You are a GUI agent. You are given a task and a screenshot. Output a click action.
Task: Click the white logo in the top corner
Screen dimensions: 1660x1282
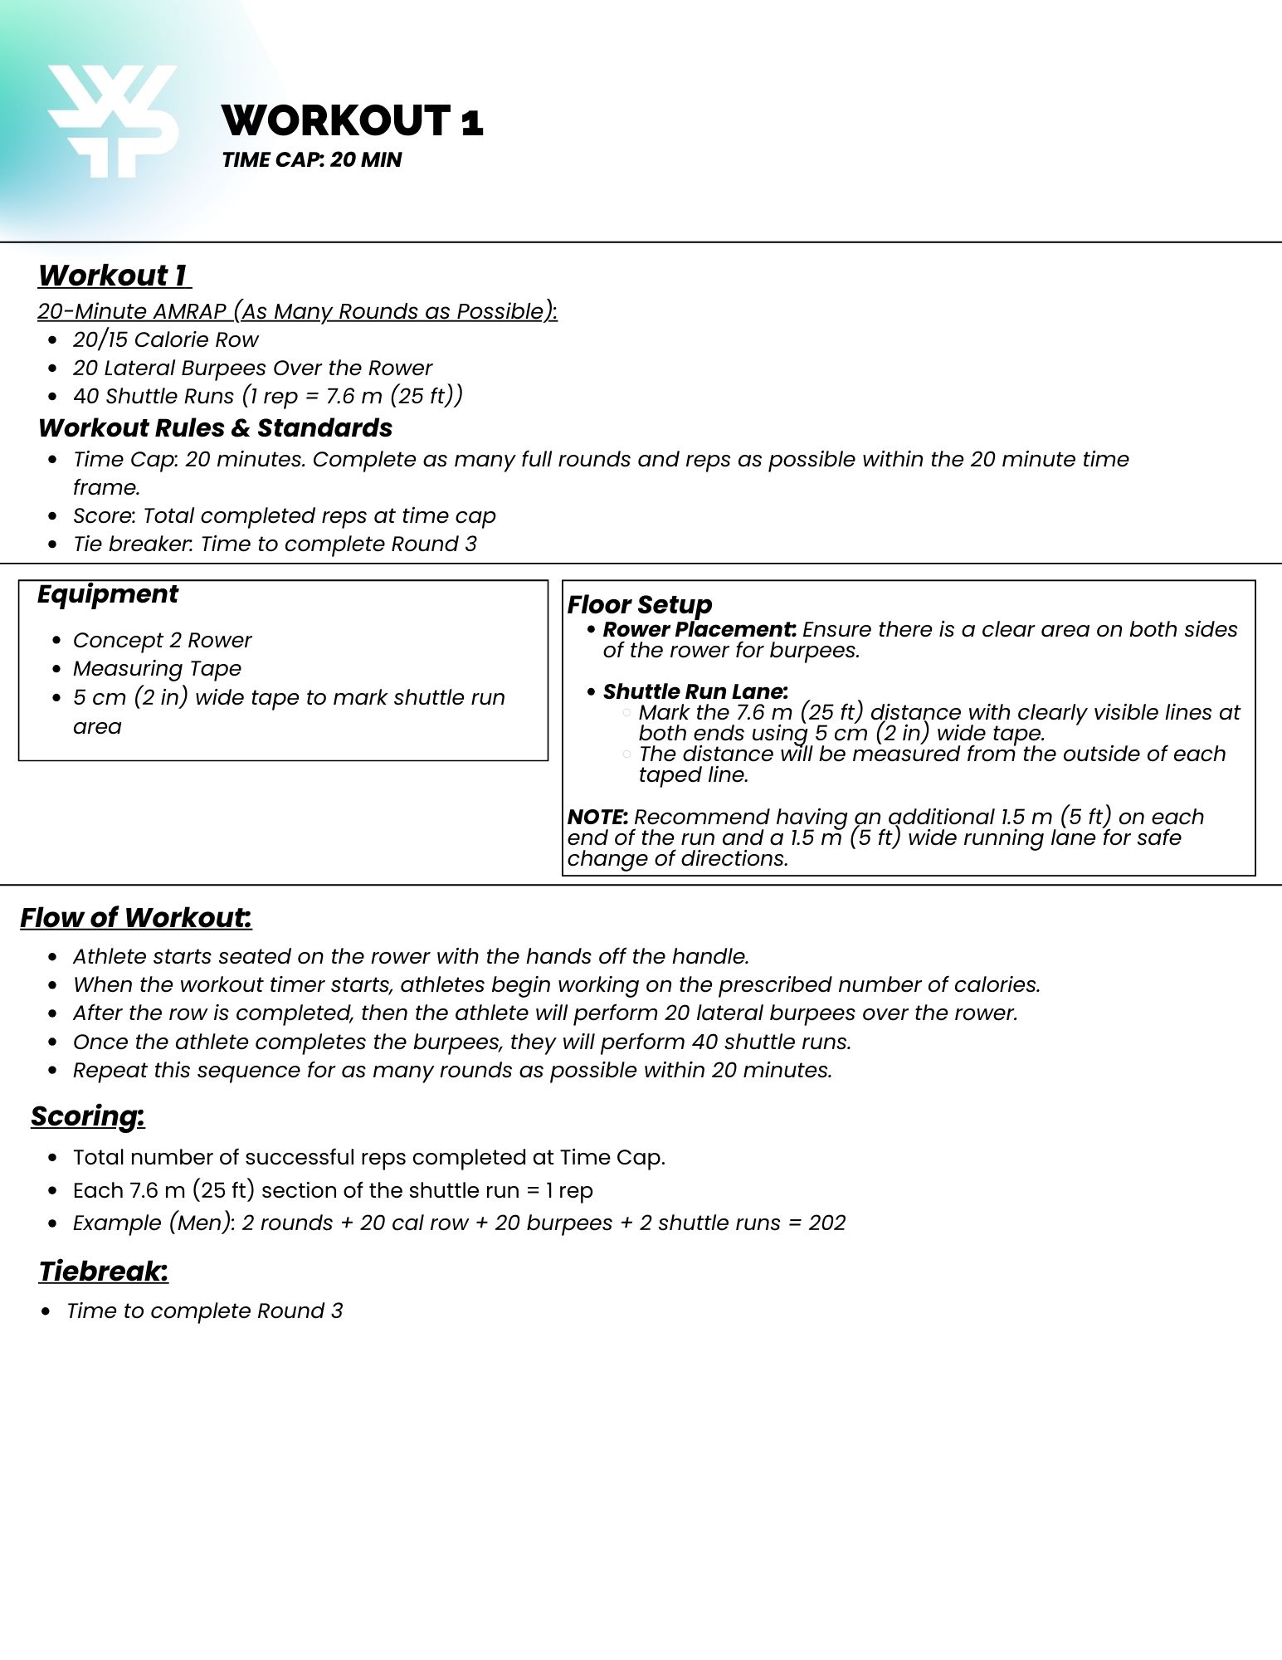[x=113, y=120]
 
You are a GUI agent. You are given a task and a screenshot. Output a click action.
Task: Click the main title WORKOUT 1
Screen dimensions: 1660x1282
[x=352, y=121]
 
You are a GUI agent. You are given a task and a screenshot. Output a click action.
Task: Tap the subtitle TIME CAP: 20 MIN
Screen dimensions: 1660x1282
[x=311, y=160]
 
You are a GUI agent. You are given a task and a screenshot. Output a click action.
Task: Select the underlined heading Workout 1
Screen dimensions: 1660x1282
[x=114, y=276]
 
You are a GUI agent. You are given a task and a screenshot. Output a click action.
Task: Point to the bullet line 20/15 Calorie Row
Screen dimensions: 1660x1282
[x=165, y=339]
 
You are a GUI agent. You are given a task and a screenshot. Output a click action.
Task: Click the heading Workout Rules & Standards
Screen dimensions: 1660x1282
[x=215, y=428]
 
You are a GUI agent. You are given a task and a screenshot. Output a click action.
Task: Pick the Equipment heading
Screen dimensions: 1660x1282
[x=107, y=594]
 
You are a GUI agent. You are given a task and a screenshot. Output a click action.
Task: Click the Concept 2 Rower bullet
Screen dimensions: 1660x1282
[x=162, y=641]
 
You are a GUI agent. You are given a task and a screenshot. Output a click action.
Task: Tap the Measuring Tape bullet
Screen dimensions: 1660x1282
[x=157, y=669]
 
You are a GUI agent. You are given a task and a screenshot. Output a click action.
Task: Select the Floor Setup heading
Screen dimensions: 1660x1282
[x=639, y=604]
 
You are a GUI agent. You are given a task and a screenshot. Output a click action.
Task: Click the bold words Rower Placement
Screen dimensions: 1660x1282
[x=699, y=630]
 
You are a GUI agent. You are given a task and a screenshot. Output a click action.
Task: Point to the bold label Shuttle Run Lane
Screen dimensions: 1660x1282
[x=695, y=692]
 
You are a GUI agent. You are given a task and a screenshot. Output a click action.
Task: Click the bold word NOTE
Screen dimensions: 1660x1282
[x=597, y=817]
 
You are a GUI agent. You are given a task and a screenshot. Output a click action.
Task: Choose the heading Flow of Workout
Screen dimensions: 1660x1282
[x=135, y=918]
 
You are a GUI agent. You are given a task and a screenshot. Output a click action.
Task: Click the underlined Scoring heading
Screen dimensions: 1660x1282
[x=87, y=1116]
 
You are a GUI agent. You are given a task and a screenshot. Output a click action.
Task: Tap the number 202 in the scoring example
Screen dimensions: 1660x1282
[x=826, y=1223]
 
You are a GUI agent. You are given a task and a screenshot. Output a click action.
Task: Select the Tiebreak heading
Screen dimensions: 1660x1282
[x=103, y=1272]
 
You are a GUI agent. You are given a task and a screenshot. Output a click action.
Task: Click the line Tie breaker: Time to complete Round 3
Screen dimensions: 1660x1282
[x=275, y=544]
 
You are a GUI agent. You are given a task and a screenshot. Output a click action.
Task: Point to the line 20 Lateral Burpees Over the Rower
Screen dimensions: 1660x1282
[x=252, y=368]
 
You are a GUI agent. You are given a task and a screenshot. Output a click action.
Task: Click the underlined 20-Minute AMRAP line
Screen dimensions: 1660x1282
[x=297, y=311]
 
